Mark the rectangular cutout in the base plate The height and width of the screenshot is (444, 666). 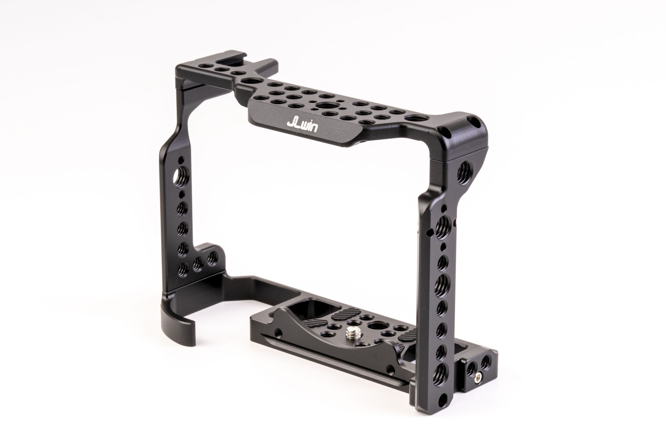[309, 310]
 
